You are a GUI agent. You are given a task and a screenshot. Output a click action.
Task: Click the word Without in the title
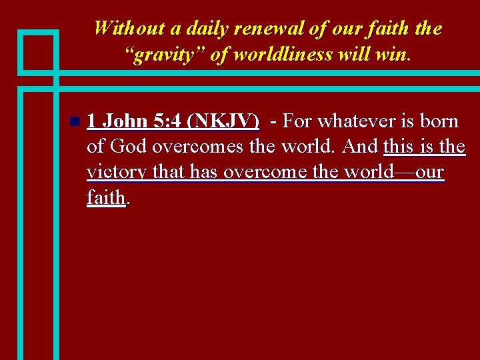[127, 28]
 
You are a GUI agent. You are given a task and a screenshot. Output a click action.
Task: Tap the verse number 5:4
[167, 121]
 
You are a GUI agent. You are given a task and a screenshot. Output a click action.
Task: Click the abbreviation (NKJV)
[223, 121]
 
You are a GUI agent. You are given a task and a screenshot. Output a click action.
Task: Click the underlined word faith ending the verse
[105, 197]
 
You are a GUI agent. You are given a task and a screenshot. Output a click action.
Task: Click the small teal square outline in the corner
[38, 51]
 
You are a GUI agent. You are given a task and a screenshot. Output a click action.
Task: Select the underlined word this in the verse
[398, 147]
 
